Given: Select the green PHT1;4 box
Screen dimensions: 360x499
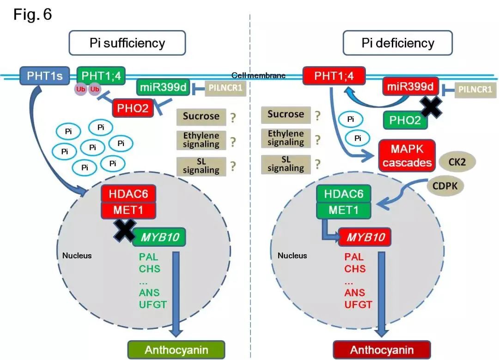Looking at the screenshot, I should click(101, 75).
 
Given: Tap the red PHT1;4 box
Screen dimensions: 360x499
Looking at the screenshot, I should click(334, 75).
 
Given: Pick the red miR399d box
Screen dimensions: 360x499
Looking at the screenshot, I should click(410, 86).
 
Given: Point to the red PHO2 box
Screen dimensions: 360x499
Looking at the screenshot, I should click(133, 108).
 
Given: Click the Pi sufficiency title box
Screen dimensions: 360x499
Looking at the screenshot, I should click(127, 43).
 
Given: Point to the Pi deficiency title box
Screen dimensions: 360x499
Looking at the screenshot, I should click(397, 43).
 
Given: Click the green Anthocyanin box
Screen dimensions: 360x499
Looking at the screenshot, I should click(176, 349).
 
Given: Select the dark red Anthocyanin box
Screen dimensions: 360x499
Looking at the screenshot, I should click(382, 349).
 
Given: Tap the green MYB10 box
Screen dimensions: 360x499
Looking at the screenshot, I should click(159, 237).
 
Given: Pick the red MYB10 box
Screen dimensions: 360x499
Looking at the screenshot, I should click(365, 238).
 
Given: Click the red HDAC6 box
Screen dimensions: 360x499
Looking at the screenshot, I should click(128, 193).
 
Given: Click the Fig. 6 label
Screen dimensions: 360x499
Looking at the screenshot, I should click(33, 15).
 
